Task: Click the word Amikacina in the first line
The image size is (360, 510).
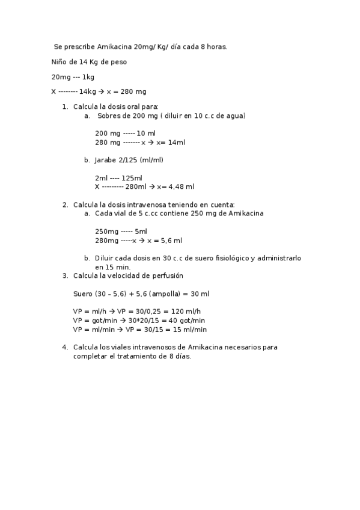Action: tap(115, 46)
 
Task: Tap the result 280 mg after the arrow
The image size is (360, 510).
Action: tap(133, 92)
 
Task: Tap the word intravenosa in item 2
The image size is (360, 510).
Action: tap(148, 204)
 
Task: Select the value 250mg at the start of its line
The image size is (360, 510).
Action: tap(106, 232)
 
